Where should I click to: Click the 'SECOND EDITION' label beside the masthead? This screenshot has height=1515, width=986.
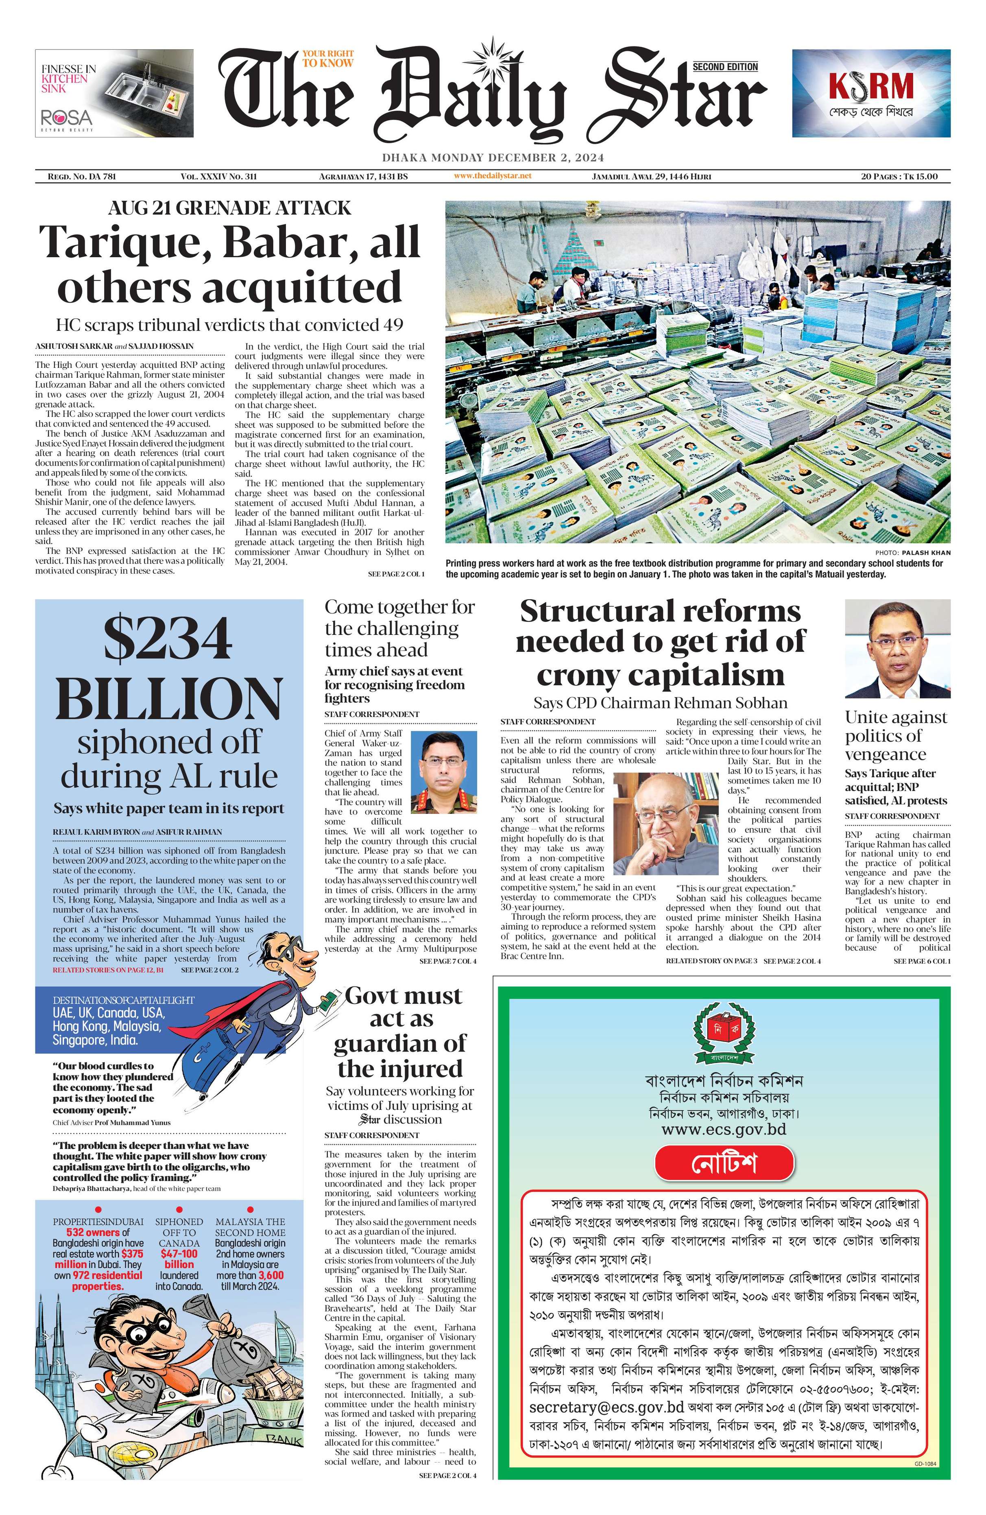(x=725, y=66)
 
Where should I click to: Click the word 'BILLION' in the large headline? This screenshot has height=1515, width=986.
(x=168, y=698)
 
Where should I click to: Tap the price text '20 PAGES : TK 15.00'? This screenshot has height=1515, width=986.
(x=899, y=176)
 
